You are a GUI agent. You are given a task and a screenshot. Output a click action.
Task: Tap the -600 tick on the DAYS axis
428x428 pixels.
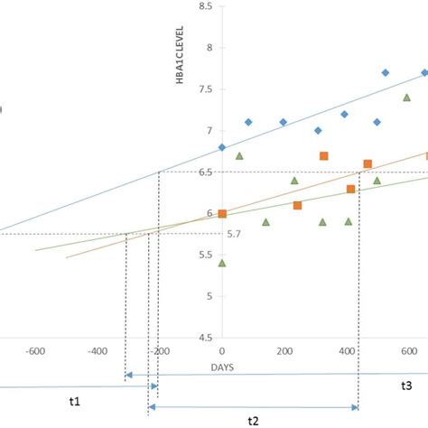[36, 351]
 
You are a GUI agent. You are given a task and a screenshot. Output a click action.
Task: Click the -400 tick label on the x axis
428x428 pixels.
[98, 351]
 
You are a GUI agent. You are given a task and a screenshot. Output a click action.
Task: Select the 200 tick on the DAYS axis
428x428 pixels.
[284, 351]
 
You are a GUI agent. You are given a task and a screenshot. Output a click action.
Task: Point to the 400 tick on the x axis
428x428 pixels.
[347, 351]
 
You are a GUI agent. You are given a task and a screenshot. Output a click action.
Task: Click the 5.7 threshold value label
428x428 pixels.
[234, 234]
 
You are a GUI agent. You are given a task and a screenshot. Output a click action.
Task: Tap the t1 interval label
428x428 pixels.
[75, 401]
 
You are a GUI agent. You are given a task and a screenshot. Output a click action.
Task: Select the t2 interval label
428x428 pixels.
[254, 420]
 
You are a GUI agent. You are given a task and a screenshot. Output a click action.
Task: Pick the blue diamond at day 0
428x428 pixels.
[222, 147]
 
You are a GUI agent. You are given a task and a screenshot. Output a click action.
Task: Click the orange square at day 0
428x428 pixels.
[222, 213]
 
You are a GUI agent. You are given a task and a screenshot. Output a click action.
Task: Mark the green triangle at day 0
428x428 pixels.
[222, 263]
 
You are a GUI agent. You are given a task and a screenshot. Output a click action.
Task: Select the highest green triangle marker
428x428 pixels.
[406, 98]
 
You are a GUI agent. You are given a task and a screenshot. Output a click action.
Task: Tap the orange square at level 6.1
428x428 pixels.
[297, 205]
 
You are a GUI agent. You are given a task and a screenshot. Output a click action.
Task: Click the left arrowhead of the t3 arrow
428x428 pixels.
[127, 375]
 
